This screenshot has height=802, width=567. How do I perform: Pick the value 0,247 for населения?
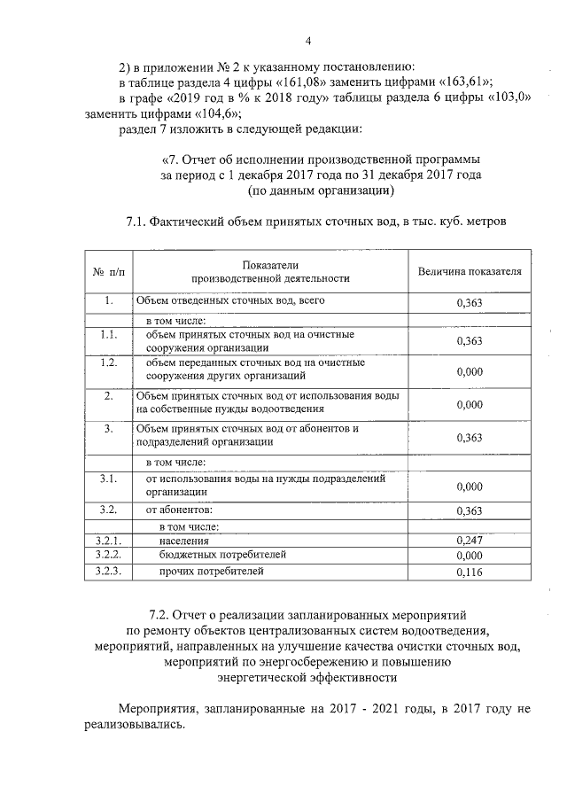pyautogui.click(x=469, y=540)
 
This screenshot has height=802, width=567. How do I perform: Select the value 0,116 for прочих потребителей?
pyautogui.click(x=469, y=572)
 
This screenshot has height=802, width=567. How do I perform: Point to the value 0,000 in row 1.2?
pyautogui.click(x=469, y=372)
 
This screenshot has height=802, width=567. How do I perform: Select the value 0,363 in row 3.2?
pyautogui.click(x=469, y=511)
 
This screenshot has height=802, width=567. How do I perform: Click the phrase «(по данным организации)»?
pyautogui.click(x=321, y=191)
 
